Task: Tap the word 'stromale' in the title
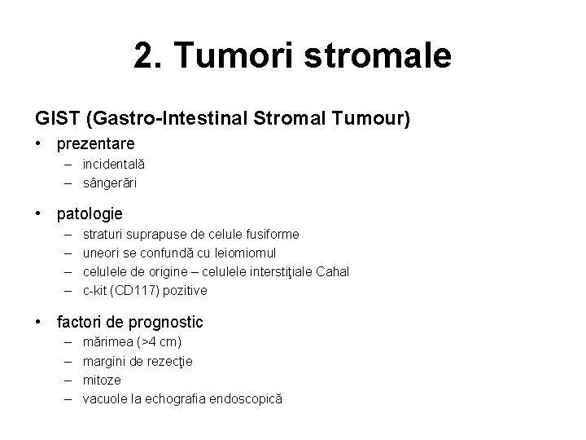tap(380, 56)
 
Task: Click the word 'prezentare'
tap(96, 144)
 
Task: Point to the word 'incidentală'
tap(114, 165)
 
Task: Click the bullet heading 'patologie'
tap(90, 214)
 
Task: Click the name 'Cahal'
tap(332, 271)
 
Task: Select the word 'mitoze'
tap(102, 380)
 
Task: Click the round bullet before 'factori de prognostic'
tap(39, 323)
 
